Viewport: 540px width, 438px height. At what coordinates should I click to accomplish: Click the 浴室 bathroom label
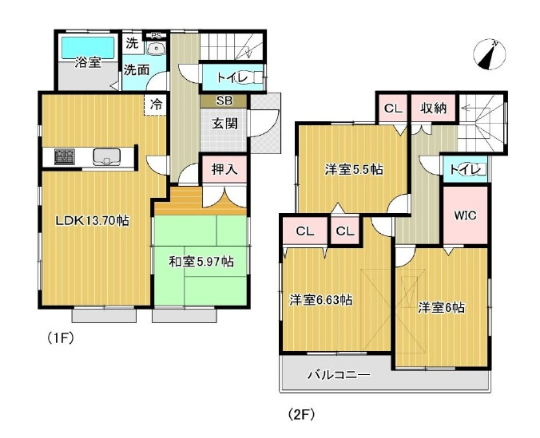click(x=87, y=62)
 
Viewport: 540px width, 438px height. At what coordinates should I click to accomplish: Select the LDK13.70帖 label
click(x=93, y=221)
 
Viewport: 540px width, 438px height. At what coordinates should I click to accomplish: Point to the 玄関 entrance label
click(x=224, y=124)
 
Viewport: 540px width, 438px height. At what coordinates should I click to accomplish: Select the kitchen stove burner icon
click(x=65, y=156)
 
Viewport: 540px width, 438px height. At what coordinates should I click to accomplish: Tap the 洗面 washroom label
click(x=136, y=69)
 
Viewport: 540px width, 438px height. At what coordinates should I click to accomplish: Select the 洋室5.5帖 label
click(x=352, y=169)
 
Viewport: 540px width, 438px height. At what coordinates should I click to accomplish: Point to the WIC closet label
click(x=465, y=215)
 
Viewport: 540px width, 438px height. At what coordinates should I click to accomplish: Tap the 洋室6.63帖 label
click(x=321, y=300)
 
